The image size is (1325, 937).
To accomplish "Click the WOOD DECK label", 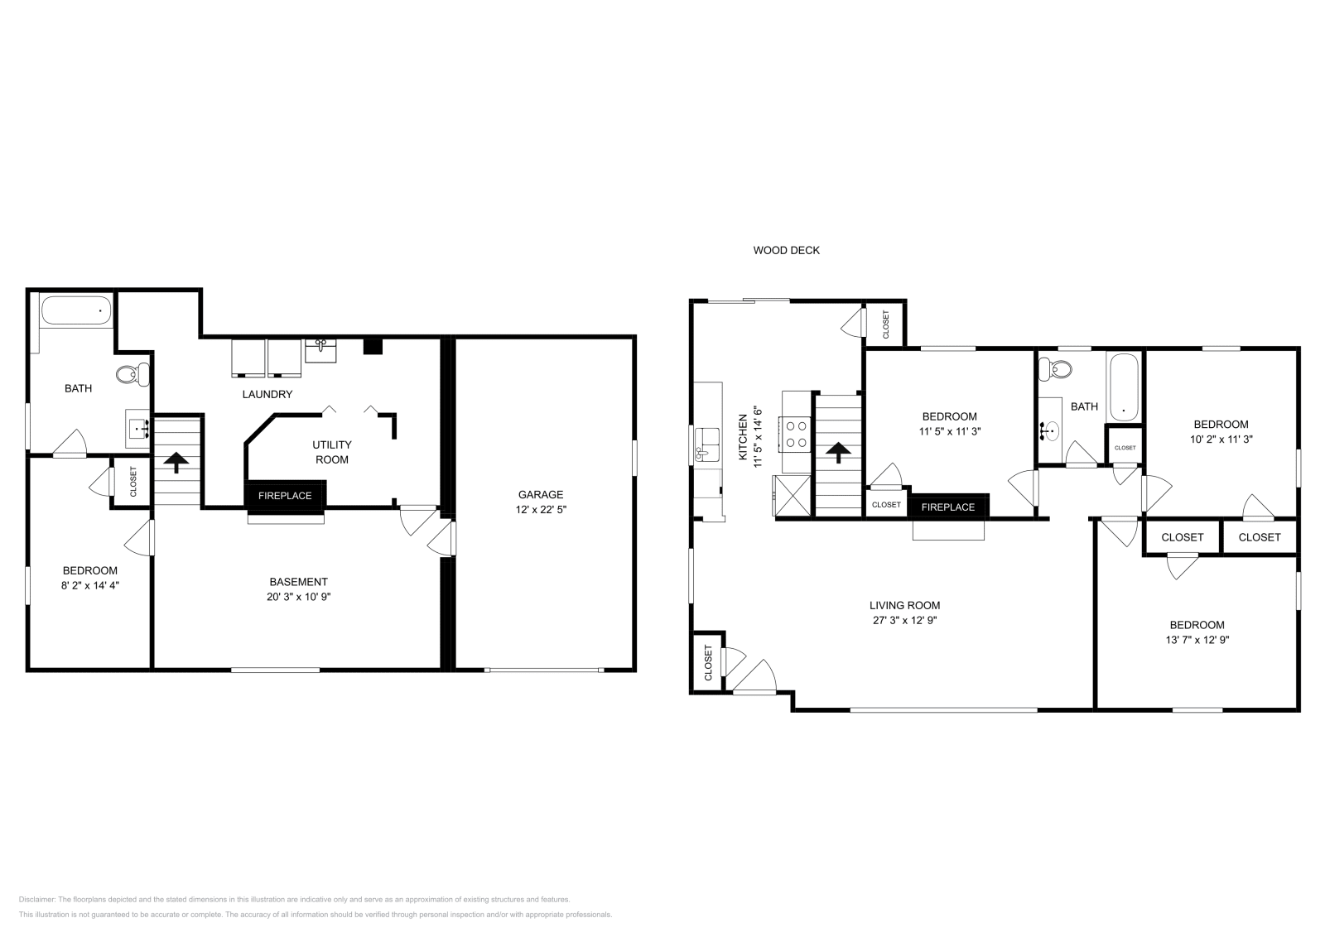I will (786, 250).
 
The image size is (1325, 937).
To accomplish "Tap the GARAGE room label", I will (540, 495).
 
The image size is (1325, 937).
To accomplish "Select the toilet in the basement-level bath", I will (131, 374).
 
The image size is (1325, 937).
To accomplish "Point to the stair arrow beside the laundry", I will (176, 459).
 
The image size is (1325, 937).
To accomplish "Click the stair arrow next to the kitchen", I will (838, 452).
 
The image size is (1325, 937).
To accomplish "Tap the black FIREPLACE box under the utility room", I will (285, 496).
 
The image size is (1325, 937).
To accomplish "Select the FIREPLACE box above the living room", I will (948, 507).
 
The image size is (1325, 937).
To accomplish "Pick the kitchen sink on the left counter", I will (706, 444).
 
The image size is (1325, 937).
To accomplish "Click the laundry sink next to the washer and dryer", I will (320, 349).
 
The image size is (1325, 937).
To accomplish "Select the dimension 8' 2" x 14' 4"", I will (89, 585).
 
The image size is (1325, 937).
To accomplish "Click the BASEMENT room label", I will (298, 582).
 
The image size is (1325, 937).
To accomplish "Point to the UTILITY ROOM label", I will (331, 452).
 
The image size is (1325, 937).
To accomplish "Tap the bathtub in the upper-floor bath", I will (1123, 386).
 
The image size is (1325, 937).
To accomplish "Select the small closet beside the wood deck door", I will (884, 324).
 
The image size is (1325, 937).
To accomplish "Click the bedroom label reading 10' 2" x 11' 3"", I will (1221, 440).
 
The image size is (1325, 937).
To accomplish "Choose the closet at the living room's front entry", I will (708, 662).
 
